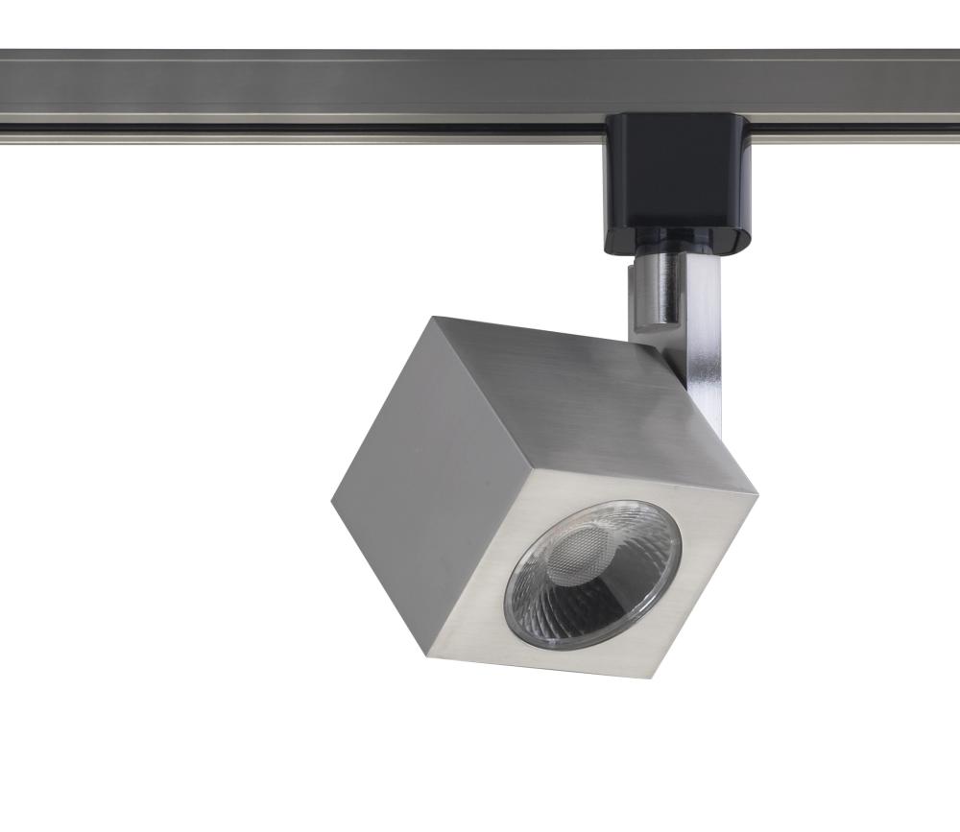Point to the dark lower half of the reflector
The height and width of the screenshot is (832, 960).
click(586, 605)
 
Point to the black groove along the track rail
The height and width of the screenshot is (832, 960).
click(288, 126)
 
